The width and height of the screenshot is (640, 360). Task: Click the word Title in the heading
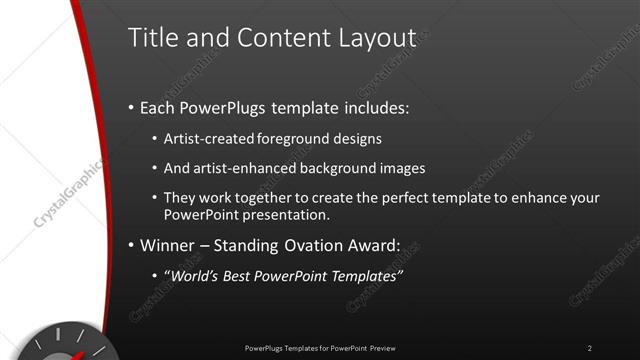click(151, 38)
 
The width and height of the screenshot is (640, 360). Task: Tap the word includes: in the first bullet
click(374, 107)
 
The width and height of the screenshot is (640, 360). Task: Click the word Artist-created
click(208, 138)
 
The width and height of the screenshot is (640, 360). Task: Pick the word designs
click(358, 138)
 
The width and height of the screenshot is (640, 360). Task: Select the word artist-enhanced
click(242, 168)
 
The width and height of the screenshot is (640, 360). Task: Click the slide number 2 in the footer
click(589, 348)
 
